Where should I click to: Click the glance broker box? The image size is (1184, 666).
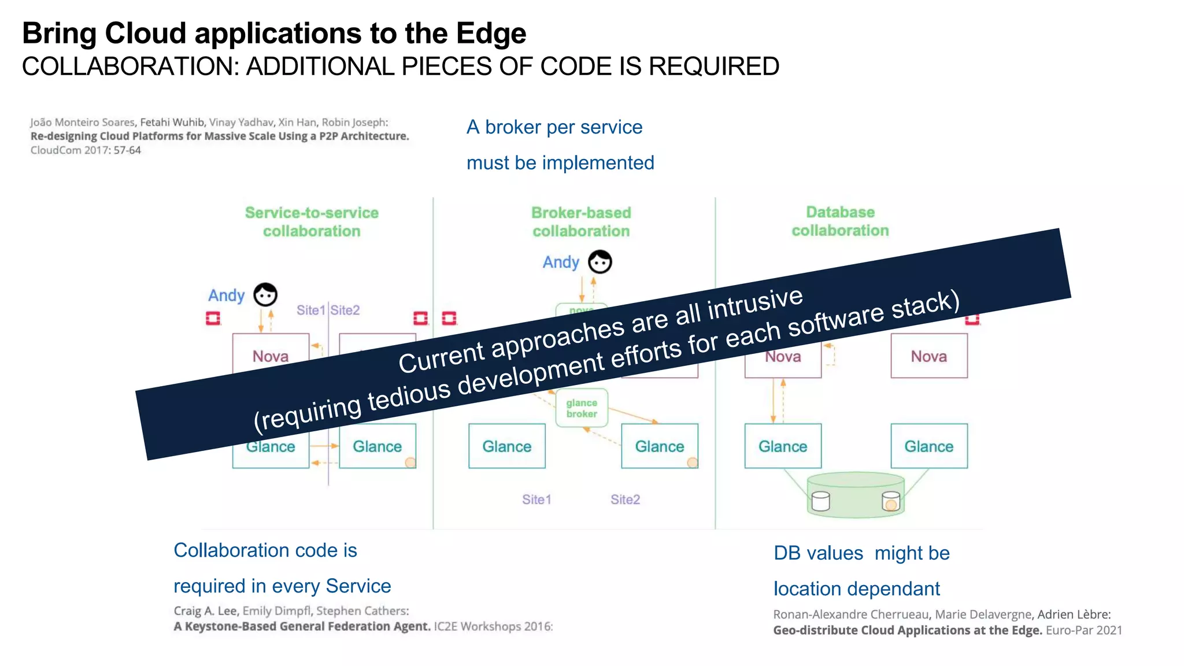[x=582, y=408]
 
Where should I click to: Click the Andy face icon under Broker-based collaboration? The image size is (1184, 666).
[x=600, y=262]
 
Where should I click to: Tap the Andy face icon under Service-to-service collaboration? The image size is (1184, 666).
[x=266, y=295]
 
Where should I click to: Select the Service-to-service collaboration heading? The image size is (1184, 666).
[x=312, y=222]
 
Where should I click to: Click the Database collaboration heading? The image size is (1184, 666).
[x=840, y=221]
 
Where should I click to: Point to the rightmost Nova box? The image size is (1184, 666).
[x=928, y=356]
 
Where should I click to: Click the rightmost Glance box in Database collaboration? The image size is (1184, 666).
[x=928, y=446]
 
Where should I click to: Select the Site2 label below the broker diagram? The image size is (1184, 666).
[x=625, y=499]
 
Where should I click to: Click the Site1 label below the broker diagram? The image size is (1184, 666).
[x=536, y=499]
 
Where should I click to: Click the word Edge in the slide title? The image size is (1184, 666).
[x=491, y=33]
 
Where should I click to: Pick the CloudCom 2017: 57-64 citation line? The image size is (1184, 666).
[x=86, y=150]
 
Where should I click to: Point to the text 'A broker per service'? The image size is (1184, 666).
[x=554, y=127]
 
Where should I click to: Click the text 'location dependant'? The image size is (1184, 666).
[x=856, y=589]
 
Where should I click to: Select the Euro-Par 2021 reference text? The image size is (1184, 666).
[x=1084, y=630]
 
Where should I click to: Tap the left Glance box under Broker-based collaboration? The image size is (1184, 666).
[x=506, y=446]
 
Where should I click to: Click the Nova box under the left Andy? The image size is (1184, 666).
[x=270, y=354]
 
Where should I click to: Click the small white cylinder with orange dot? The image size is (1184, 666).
[x=891, y=501]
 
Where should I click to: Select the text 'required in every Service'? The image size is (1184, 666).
[x=282, y=586]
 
